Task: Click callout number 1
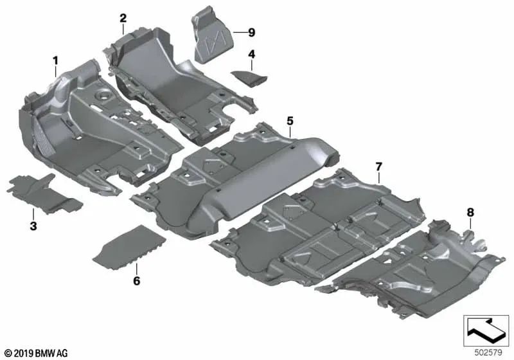point(56,61)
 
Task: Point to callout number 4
point(252,54)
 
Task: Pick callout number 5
point(290,120)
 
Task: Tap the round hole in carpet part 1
point(101,98)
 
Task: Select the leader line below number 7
point(379,179)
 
